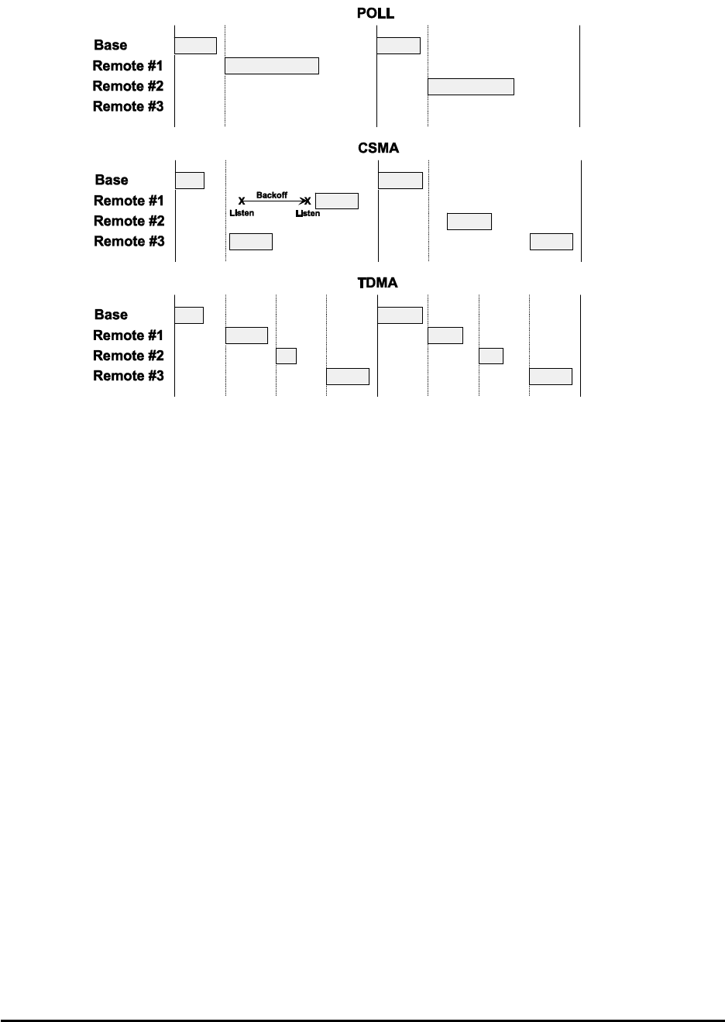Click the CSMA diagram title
pyautogui.click(x=378, y=148)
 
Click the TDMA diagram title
pyautogui.click(x=377, y=283)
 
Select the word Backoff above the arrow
pyautogui.click(x=272, y=195)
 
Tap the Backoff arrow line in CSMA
pyautogui.click(x=275, y=201)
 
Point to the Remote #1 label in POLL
pyautogui.click(x=128, y=66)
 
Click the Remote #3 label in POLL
pyautogui.click(x=128, y=106)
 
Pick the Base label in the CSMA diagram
pyautogui.click(x=112, y=180)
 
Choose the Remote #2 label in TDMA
pyautogui.click(x=129, y=356)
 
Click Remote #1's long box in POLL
pyautogui.click(x=272, y=66)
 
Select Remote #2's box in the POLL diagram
pyautogui.click(x=471, y=86)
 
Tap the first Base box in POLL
pyautogui.click(x=195, y=45)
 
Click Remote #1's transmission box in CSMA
pyautogui.click(x=337, y=201)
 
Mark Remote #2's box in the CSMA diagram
pyautogui.click(x=469, y=222)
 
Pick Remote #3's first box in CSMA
pyautogui.click(x=251, y=242)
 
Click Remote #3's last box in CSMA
pyautogui.click(x=551, y=242)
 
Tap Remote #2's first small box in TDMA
pyautogui.click(x=287, y=356)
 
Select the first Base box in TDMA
pyautogui.click(x=189, y=315)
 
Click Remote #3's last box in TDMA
pyautogui.click(x=551, y=377)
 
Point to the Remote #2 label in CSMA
pyautogui.click(x=129, y=221)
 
